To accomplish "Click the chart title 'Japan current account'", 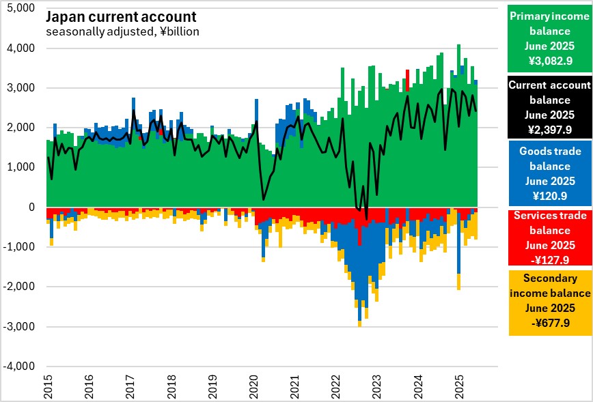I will (x=121, y=17).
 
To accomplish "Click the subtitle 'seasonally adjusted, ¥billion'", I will (x=122, y=31).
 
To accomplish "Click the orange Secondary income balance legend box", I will (x=549, y=302).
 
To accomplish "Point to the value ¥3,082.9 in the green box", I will (x=550, y=61).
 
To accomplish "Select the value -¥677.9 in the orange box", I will (x=550, y=322).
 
